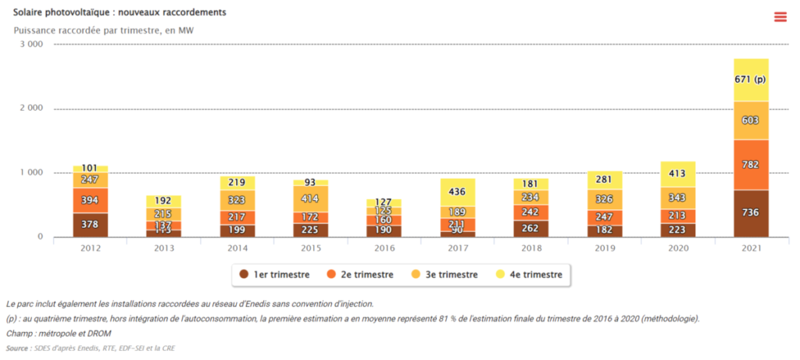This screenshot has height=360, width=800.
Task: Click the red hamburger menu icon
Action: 780,17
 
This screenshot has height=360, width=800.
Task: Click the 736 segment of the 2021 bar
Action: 752,213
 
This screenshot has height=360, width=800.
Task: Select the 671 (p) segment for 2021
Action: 752,80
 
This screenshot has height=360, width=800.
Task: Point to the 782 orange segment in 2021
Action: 752,165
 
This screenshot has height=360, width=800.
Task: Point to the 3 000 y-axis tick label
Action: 32,45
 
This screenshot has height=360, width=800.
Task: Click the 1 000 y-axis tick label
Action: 32,173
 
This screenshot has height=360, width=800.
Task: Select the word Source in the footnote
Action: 18,348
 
